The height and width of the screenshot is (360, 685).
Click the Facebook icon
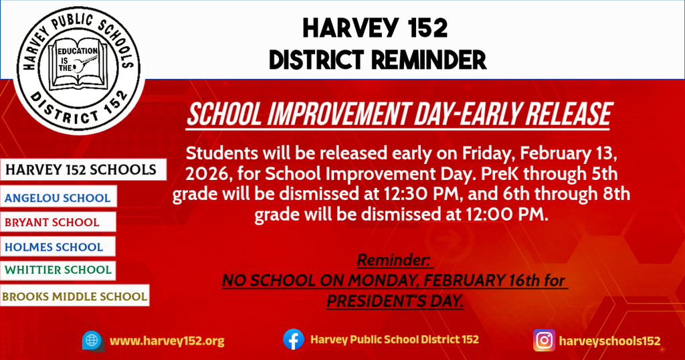[294, 339]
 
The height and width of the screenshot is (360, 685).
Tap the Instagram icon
[544, 341]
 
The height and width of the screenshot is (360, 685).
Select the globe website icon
[93, 341]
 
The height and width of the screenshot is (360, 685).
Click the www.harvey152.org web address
[167, 341]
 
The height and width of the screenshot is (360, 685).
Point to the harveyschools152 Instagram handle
[610, 341]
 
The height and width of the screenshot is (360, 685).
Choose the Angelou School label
[58, 197]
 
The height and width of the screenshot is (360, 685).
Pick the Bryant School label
[58, 222]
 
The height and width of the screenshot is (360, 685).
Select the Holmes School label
[58, 246]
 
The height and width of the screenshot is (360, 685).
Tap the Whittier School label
[58, 270]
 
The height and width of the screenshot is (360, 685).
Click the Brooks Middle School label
[75, 296]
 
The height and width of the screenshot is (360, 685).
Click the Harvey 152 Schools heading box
[83, 169]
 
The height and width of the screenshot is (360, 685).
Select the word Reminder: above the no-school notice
[395, 260]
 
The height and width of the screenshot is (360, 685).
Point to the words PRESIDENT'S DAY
[395, 301]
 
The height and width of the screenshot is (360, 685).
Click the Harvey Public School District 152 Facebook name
[395, 339]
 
